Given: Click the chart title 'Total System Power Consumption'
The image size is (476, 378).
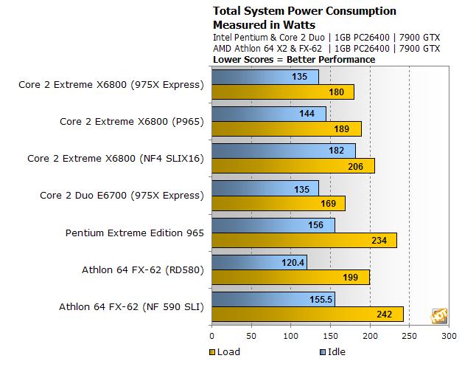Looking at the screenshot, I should (304, 11).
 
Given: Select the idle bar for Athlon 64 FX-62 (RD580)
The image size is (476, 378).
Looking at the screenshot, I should (259, 262).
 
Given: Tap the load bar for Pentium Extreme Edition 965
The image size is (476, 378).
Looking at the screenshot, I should (304, 240).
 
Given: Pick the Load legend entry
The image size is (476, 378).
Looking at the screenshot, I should (225, 351).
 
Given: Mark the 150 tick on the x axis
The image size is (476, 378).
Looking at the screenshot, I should (330, 336).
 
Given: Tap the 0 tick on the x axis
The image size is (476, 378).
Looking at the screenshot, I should (212, 336).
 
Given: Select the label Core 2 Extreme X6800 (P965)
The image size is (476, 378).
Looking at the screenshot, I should (131, 121).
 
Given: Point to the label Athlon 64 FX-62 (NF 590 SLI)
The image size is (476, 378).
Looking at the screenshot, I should (131, 307).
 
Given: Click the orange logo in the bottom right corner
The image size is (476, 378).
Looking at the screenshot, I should (440, 315).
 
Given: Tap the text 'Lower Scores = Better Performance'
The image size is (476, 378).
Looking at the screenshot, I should (294, 59).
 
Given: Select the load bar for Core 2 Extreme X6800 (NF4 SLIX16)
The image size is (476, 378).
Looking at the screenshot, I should (293, 165).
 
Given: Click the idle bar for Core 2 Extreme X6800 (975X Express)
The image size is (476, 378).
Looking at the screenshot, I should (265, 77).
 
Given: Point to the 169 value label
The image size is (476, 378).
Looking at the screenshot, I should (329, 203).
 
